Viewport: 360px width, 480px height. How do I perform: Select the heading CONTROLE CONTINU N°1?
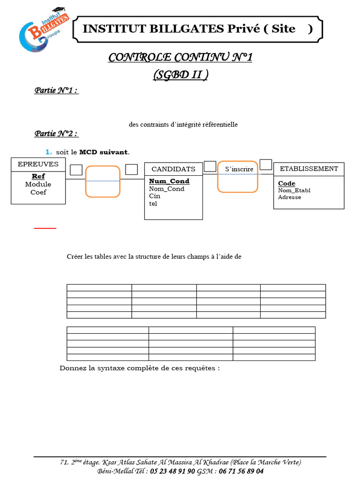pos(180,58)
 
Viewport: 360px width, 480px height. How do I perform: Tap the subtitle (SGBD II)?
pos(180,75)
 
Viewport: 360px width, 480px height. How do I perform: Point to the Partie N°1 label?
pos(56,91)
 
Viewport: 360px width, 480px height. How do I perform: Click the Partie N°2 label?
pos(56,134)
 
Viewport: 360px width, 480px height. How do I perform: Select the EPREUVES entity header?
pos(38,164)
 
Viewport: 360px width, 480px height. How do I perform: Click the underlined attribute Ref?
pos(38,176)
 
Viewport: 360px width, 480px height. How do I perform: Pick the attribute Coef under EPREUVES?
pos(38,192)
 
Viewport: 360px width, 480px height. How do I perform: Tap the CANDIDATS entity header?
pos(173,169)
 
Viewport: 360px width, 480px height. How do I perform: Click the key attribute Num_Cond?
pos(169,181)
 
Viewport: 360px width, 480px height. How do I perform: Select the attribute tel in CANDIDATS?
pos(153,203)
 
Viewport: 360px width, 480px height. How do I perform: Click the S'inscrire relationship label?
pos(239,169)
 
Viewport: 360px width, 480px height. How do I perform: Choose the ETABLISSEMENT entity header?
pos(308,169)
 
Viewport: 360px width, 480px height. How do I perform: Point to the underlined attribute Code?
pos(287,183)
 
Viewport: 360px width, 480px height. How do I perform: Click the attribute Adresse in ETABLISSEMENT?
pos(290,197)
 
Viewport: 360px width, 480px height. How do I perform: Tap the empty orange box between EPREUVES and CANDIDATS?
pos(103,181)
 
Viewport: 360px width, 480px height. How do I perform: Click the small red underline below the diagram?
pos(45,228)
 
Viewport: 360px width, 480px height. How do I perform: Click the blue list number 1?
pos(48,152)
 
